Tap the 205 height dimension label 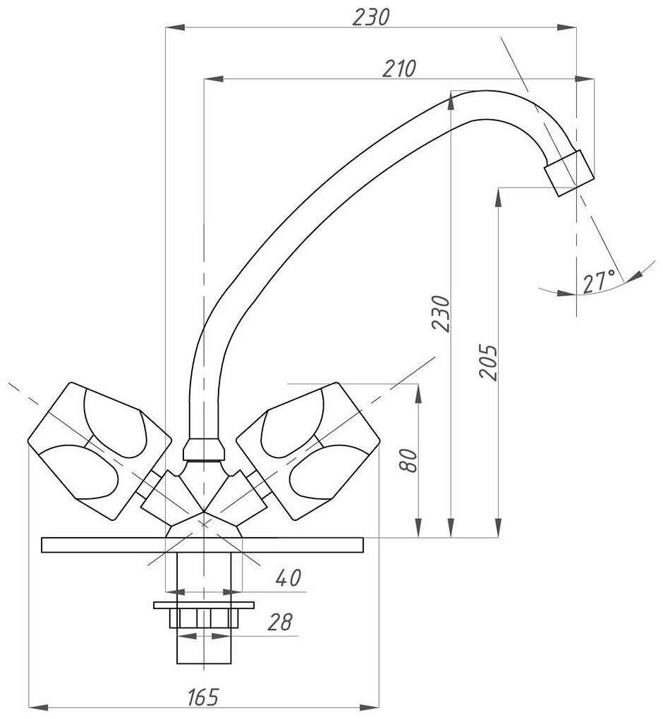point(488,362)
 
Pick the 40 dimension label point(287,578)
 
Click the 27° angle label point(598,281)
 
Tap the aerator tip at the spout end point(569,173)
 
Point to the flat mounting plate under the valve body point(202,546)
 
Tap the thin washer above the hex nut point(203,605)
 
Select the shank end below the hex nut point(203,647)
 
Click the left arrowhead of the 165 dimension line point(32,707)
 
